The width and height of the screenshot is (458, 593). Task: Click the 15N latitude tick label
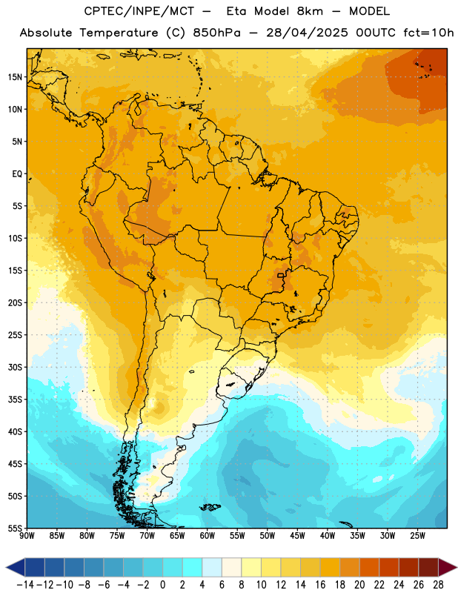[x=15, y=77]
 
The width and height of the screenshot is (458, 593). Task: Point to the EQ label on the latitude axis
[x=17, y=174]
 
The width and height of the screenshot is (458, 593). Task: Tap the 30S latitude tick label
[x=15, y=367]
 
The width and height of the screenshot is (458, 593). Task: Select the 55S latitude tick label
[x=15, y=528]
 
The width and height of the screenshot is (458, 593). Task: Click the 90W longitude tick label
[x=27, y=535]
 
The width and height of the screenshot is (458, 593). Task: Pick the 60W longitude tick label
[x=208, y=535]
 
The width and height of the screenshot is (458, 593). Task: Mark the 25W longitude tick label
[x=417, y=535]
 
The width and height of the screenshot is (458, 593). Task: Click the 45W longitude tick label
[x=297, y=535]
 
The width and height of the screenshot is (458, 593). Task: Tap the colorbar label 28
[x=438, y=585]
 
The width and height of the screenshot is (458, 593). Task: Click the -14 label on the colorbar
[x=26, y=585]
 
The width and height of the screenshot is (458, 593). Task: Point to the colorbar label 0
[x=162, y=585]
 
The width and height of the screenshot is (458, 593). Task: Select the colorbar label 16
[x=320, y=585]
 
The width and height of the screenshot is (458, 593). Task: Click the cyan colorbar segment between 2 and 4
[x=192, y=567]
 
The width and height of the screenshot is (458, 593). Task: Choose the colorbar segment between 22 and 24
[x=389, y=567]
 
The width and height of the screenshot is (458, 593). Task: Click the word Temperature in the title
[x=119, y=33]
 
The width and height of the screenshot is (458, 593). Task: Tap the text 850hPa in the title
[x=216, y=33]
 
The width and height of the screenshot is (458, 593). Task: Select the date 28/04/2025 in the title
[x=307, y=33]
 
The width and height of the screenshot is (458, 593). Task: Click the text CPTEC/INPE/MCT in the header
[x=139, y=11]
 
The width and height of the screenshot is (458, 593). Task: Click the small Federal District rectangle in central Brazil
[x=280, y=275]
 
